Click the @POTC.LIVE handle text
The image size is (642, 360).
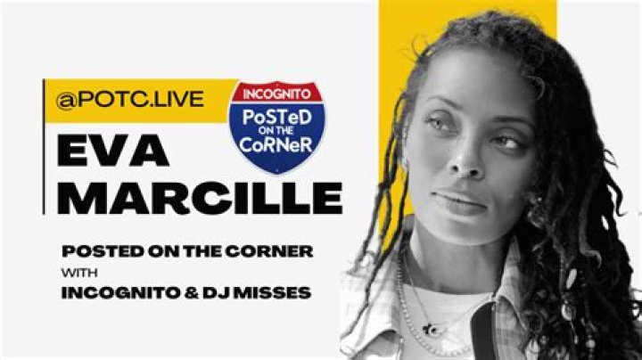pyautogui.click(x=130, y=101)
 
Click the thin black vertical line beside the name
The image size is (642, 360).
pyautogui.click(x=45, y=147)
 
